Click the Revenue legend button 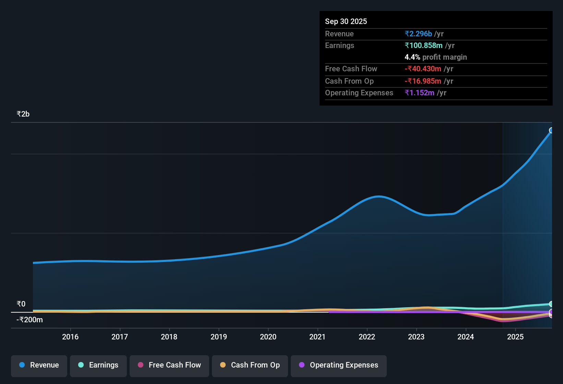39,365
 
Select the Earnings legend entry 98,365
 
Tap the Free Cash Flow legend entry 169,365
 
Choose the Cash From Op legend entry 250,365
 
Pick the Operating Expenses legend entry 339,365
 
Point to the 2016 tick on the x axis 70,337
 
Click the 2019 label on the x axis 219,337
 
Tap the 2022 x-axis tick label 367,337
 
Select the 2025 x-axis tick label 515,337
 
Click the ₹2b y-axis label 23,114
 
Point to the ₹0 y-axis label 21,304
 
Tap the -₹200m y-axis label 30,320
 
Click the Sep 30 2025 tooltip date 346,22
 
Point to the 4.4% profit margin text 436,57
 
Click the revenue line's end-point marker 551,130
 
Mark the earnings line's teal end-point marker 551,304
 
